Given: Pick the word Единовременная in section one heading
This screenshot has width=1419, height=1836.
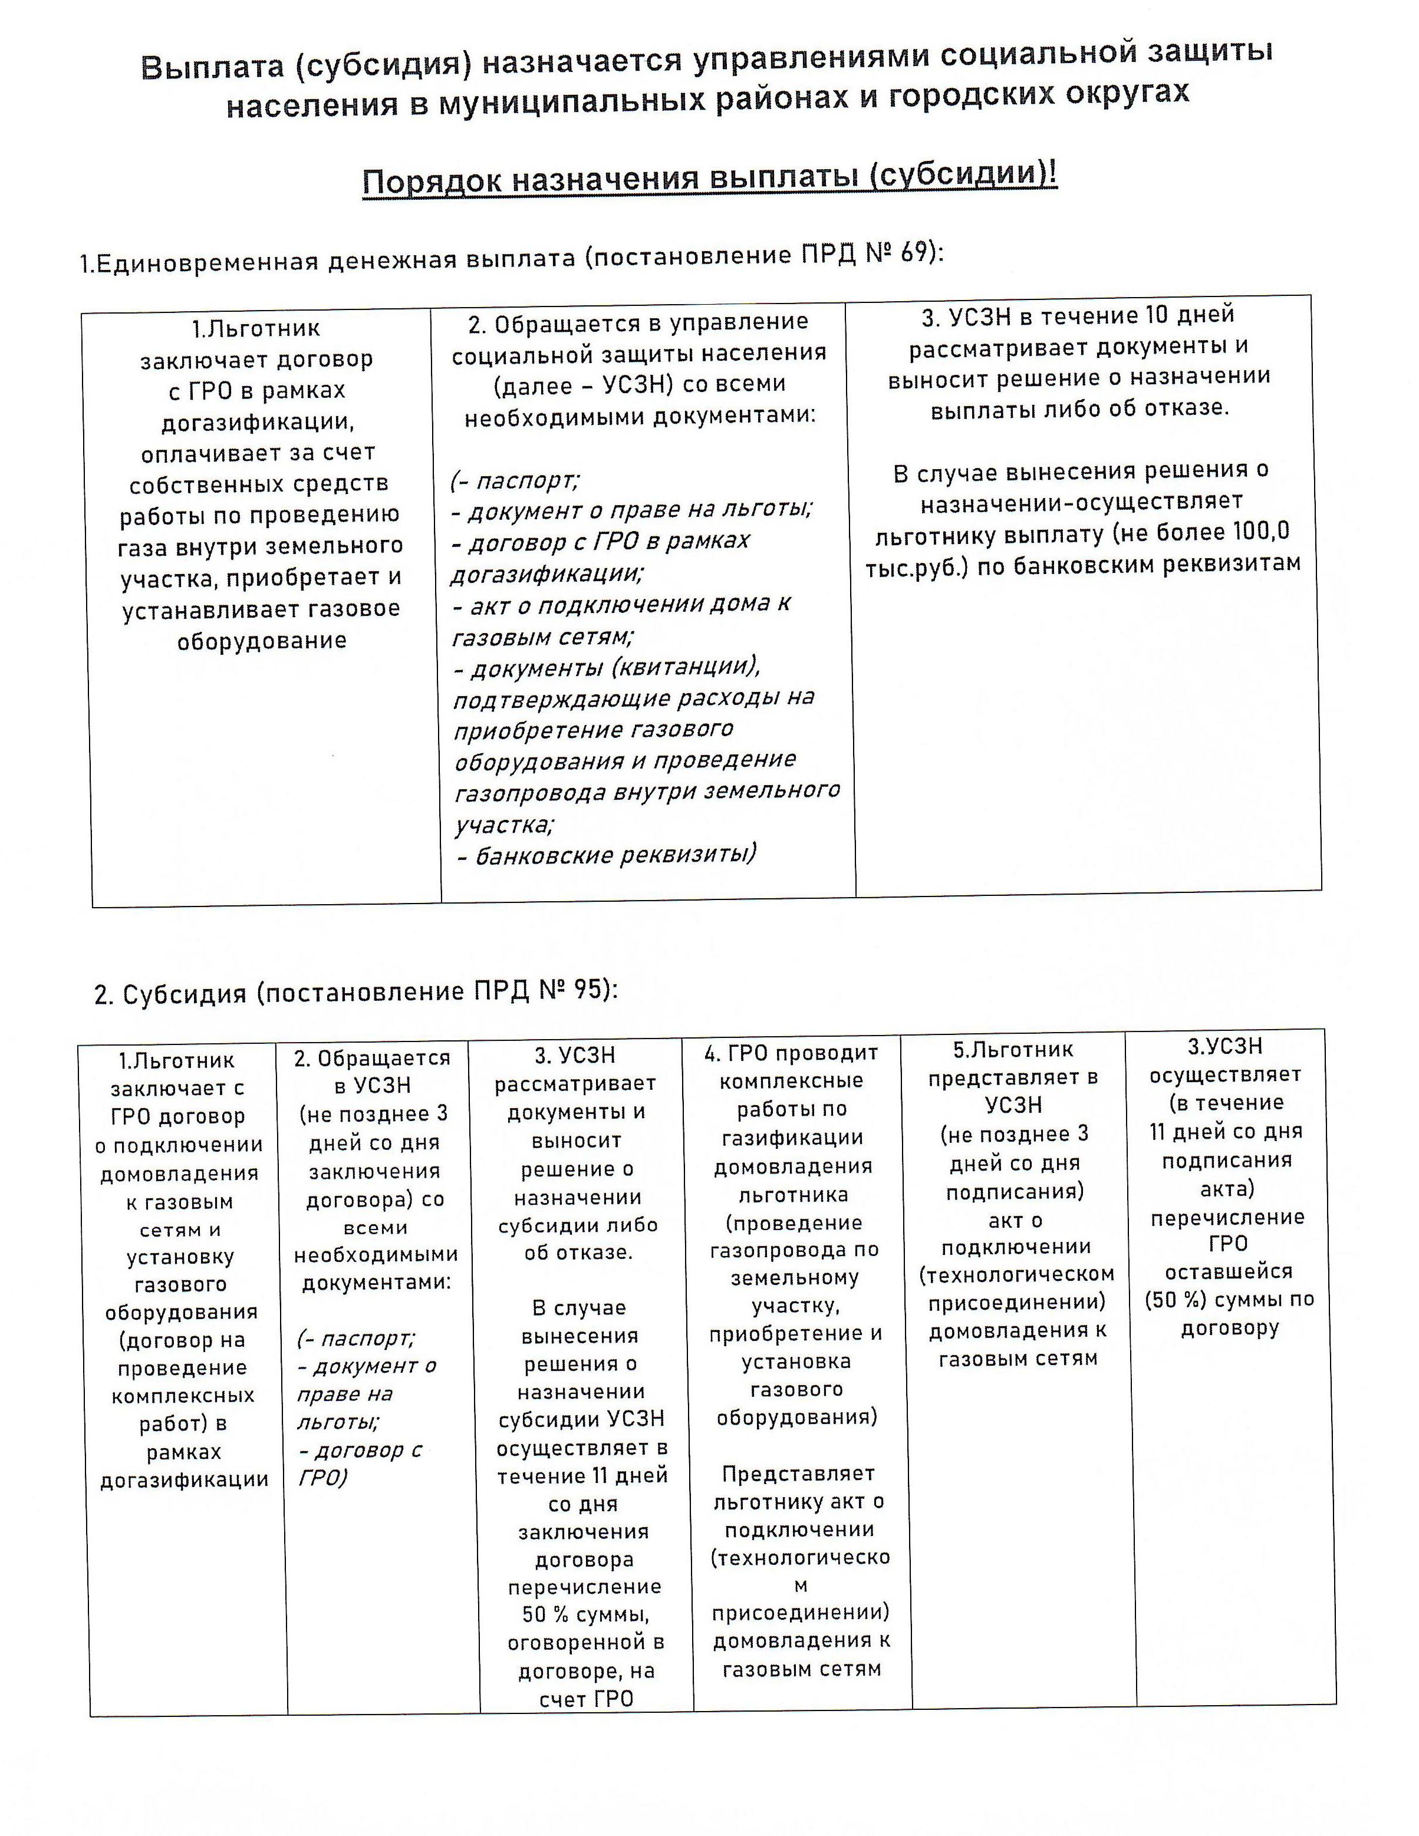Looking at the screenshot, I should tap(207, 262).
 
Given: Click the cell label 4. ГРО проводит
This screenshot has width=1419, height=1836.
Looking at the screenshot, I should tap(791, 1053).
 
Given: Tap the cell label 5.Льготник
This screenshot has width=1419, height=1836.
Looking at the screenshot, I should tap(1013, 1049).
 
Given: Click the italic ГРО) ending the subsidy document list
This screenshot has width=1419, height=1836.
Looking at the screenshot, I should tap(322, 1477).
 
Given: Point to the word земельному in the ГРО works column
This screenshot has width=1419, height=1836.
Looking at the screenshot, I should tap(795, 1278).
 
